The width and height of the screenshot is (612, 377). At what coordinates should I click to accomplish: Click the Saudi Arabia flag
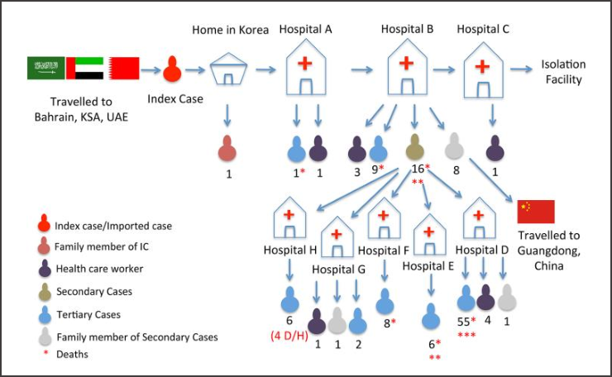[45, 68]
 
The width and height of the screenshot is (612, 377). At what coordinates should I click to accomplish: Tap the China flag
[536, 212]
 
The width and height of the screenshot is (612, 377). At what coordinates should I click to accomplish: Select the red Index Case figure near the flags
[172, 69]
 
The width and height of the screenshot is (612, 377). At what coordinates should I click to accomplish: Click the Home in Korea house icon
[228, 69]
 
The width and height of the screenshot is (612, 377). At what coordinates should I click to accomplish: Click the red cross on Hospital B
[406, 63]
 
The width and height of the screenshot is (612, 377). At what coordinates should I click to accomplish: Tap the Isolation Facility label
[563, 72]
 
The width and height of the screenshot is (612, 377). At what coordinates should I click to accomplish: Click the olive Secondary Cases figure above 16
[415, 147]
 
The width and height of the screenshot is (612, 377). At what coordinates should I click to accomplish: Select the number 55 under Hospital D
[463, 322]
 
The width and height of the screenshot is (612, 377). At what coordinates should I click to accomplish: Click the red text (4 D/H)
[289, 336]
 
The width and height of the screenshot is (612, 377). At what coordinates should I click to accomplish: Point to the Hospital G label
[338, 270]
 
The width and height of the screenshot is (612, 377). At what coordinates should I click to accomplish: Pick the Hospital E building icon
[429, 235]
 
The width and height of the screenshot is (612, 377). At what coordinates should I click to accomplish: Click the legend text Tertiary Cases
[88, 314]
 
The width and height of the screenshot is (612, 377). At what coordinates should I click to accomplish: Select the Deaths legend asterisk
[46, 353]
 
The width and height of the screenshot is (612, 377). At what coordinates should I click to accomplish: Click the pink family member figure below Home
[227, 149]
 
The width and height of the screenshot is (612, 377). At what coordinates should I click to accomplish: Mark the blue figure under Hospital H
[290, 300]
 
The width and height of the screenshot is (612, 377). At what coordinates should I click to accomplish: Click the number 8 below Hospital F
[386, 323]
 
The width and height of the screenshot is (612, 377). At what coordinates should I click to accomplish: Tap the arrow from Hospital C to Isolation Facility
[521, 69]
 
